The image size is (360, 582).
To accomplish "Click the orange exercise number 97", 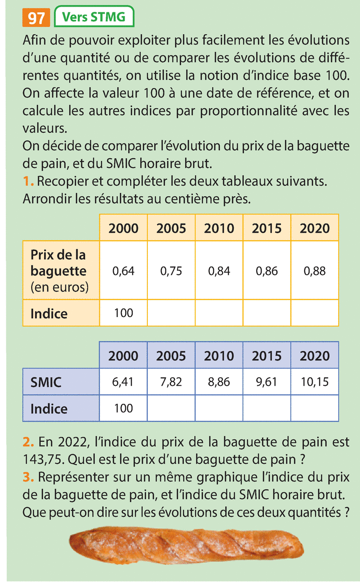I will coord(36,18).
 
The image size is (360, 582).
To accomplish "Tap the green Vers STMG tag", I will coord(94,18).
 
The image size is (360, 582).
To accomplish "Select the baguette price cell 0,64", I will coord(124,271).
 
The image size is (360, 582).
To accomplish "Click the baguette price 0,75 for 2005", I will coord(171,271).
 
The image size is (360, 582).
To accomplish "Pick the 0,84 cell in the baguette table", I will coord(219,271).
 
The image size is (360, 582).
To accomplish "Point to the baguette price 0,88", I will coord(315,271).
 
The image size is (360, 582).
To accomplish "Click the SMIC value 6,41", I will coord(124,382).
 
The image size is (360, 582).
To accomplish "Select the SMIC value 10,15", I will coord(315,382).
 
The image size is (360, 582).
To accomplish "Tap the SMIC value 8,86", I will coord(219,382).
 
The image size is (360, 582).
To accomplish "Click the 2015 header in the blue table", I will coord(267,356).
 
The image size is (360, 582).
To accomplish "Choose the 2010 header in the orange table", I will coord(219,228).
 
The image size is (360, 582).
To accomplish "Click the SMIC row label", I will coord(46,382).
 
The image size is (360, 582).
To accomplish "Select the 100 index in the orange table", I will coord(124,313).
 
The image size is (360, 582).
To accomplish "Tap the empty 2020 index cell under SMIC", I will coord(315,409).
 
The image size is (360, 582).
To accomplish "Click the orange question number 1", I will coord(27,181).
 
